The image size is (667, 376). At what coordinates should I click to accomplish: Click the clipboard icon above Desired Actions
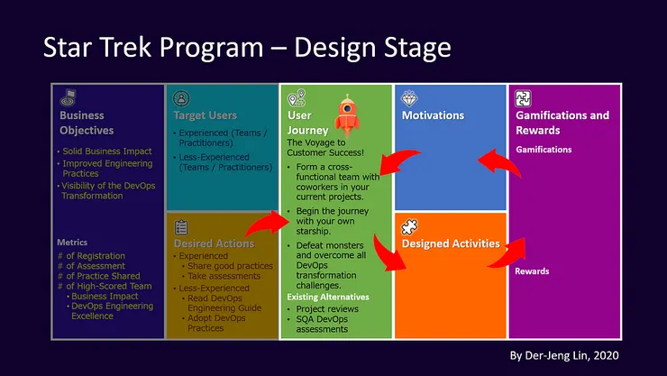coord(181,227)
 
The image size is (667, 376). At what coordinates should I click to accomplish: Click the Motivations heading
coord(433,115)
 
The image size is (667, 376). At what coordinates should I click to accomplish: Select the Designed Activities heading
coord(451,243)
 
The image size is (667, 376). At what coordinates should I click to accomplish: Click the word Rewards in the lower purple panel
coord(532,271)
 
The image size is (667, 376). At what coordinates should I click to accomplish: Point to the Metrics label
coord(72,243)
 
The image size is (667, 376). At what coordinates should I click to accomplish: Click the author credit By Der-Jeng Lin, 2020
coord(565,354)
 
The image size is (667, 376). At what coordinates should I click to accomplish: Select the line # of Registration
coord(89,256)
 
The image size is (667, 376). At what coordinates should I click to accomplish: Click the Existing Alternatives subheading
coord(328,297)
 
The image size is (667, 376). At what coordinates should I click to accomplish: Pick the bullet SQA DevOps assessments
coord(321,324)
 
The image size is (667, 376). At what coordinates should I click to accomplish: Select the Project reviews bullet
coord(327,307)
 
